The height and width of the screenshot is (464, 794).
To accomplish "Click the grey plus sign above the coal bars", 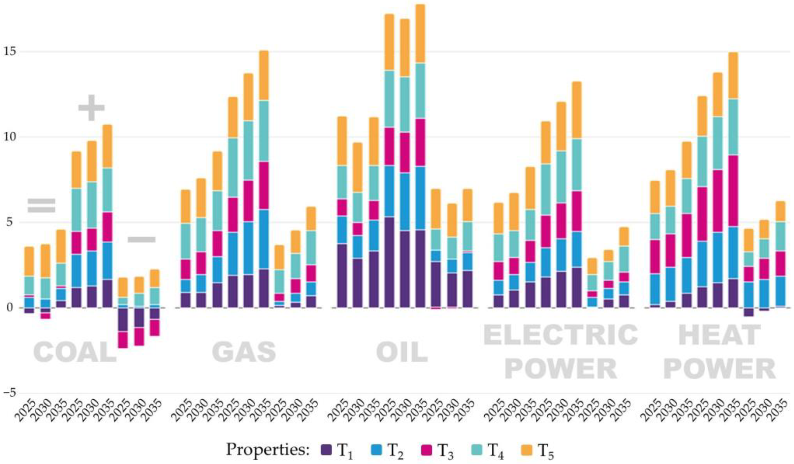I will coord(91,108).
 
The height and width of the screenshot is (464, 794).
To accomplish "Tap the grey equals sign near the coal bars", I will coord(42,205).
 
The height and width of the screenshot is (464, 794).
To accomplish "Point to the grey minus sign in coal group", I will coord(141,240).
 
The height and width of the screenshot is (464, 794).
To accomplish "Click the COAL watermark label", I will coord(75,353).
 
